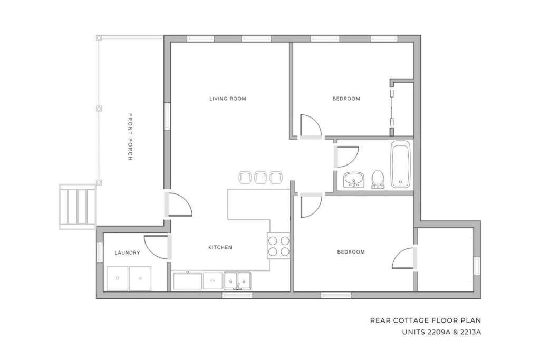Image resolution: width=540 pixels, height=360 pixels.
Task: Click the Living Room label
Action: tap(228, 99)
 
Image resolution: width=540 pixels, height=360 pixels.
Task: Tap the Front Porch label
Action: tap(130, 137)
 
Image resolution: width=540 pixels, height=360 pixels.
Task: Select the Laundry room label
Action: tap(128, 252)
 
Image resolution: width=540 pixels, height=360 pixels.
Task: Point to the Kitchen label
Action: tap(220, 247)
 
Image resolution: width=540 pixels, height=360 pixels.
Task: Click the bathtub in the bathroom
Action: tap(401, 164)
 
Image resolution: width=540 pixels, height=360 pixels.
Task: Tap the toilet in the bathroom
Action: tap(378, 179)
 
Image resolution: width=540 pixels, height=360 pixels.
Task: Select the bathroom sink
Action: tap(354, 180)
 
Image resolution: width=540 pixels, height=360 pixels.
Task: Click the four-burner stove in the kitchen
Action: tap(278, 246)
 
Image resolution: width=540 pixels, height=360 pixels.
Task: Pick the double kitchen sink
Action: tap(237, 281)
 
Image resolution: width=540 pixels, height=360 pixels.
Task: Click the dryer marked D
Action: tap(117, 278)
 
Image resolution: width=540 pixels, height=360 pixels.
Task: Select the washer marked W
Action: tap(140, 278)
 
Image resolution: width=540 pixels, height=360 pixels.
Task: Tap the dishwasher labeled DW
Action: tap(213, 281)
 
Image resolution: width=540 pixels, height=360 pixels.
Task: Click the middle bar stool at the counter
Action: tap(261, 177)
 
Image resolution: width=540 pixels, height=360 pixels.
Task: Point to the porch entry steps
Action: tap(78, 207)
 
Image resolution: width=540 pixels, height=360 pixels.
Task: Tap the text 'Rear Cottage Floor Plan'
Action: tap(426, 320)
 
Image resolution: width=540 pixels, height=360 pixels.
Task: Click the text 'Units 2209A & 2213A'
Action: tap(441, 333)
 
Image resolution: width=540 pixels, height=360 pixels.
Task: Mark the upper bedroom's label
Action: tap(346, 99)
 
